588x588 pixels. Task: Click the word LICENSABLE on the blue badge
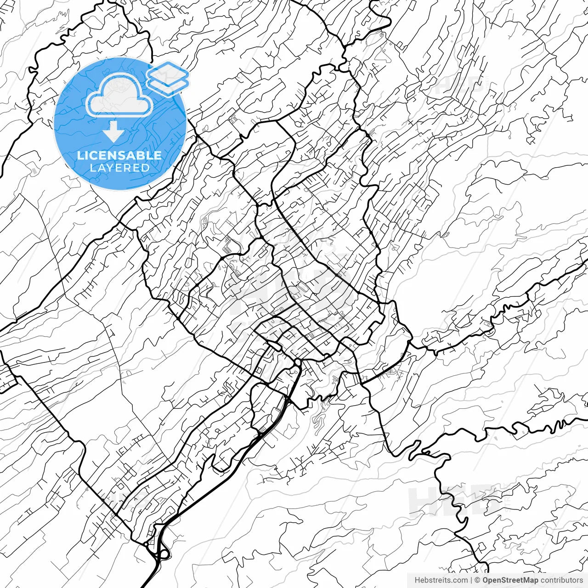(119, 155)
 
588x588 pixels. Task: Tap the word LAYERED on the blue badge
(119, 168)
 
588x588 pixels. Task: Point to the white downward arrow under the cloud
(113, 131)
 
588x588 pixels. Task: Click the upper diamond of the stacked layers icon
(168, 72)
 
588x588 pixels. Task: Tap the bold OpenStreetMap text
(510, 580)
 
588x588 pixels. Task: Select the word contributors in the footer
(561, 580)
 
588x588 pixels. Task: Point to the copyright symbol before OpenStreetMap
(477, 580)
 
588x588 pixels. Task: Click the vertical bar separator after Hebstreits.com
(471, 580)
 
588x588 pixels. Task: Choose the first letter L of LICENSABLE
(80, 155)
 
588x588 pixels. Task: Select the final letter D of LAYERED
(146, 168)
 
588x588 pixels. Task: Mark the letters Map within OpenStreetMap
(531, 580)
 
